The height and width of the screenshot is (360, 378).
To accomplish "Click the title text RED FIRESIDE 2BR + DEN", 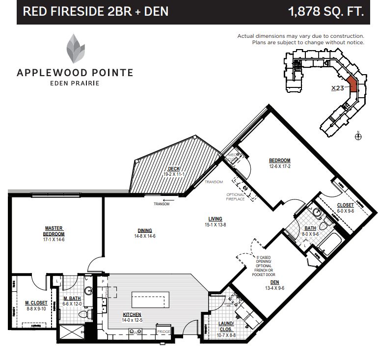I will [x=96, y=11].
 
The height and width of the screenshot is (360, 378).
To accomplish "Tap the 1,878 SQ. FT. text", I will [x=326, y=11].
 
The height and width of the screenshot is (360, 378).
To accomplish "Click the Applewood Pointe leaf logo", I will [x=75, y=50].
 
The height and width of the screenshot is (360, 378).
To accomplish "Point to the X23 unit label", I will [x=337, y=88].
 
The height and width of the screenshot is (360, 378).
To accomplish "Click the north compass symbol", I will [x=358, y=137].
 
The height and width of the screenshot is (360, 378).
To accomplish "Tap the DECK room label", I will [x=173, y=168].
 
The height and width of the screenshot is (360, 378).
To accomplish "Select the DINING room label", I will [x=144, y=230].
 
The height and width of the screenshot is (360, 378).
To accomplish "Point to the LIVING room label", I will [x=215, y=219].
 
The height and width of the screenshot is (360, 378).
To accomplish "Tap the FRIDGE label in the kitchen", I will [x=163, y=332].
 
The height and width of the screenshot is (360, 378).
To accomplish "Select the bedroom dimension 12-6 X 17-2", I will [x=280, y=166].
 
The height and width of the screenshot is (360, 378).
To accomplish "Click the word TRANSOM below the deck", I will [x=162, y=204].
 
